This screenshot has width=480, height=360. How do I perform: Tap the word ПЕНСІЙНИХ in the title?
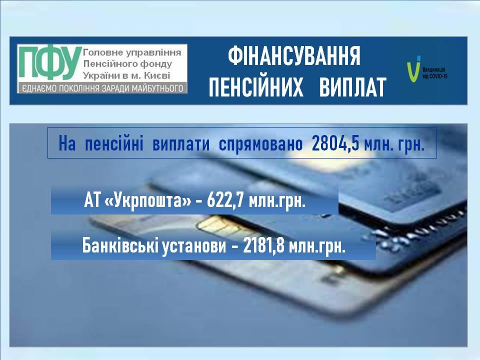[x=256, y=87]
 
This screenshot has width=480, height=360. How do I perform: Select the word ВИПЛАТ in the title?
[x=352, y=87]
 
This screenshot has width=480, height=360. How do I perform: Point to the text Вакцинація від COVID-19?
[x=434, y=73]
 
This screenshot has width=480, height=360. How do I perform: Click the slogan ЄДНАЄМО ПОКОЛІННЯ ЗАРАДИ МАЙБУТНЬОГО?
[x=102, y=88]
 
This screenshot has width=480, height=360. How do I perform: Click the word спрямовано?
[x=260, y=144]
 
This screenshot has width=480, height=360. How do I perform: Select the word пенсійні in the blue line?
[x=114, y=143]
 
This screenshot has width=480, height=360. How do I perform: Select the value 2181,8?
[x=263, y=246]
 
